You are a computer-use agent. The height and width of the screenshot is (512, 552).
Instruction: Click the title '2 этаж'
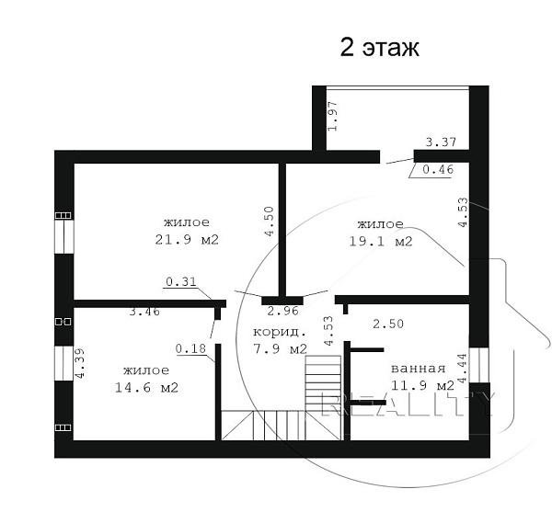pos(379,48)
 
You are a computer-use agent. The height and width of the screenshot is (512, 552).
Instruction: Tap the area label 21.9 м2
pos(187,240)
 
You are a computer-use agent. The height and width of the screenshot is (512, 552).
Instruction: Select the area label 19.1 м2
pos(381,241)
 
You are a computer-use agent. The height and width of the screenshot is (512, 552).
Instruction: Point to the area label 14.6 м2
pos(147,388)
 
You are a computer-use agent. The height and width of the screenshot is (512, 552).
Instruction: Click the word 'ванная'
pos(419,369)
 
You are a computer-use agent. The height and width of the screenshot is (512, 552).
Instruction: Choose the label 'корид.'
pos(280,332)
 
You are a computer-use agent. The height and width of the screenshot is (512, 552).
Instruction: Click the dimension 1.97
pos(333,116)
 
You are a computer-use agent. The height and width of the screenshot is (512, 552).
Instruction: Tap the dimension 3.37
pos(441,142)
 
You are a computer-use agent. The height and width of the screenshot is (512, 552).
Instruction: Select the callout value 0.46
pos(438,170)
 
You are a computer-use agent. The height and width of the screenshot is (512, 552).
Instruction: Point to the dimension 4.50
pos(270,222)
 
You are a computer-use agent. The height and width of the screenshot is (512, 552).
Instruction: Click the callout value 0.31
pos(181,281)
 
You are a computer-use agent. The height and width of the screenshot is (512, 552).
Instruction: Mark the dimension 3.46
pos(144,312)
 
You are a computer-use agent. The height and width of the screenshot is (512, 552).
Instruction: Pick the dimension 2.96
pos(283,311)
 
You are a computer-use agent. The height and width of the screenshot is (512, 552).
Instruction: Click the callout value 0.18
pos(190,348)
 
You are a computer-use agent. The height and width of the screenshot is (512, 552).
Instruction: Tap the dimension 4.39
pos(80,363)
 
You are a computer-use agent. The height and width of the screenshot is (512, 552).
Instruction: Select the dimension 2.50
pos(388,324)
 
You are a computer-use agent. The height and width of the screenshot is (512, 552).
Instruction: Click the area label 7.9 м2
pos(281,348)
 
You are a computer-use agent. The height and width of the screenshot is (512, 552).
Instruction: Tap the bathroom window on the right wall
pos(479,365)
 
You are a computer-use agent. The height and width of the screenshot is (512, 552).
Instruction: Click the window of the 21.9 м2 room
pos(64,236)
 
